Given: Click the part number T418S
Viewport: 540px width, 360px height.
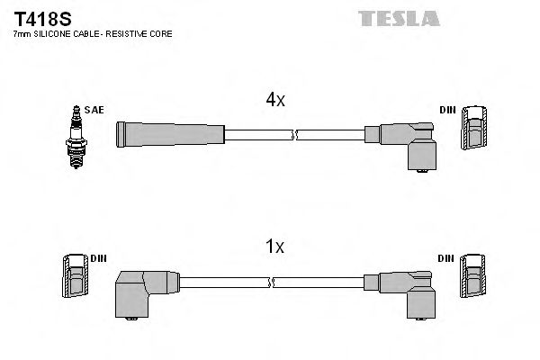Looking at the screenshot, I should tap(38, 17).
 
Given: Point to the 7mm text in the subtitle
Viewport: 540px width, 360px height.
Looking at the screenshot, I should tap(22, 34).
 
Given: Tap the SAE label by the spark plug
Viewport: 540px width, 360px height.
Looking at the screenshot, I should tap(94, 110).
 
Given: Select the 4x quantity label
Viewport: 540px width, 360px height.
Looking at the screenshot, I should tap(274, 101).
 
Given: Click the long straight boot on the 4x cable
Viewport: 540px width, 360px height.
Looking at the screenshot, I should tap(169, 134).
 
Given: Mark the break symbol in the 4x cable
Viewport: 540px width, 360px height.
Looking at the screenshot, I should tap(295, 135).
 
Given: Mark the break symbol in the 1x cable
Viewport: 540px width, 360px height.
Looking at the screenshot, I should tap(272, 282).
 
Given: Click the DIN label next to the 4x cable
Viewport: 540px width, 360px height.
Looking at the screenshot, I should tap(446, 110).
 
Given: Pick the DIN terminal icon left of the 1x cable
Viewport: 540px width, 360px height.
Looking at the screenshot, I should tap(76, 276).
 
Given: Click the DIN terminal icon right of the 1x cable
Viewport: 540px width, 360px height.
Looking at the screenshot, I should tap(473, 276).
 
